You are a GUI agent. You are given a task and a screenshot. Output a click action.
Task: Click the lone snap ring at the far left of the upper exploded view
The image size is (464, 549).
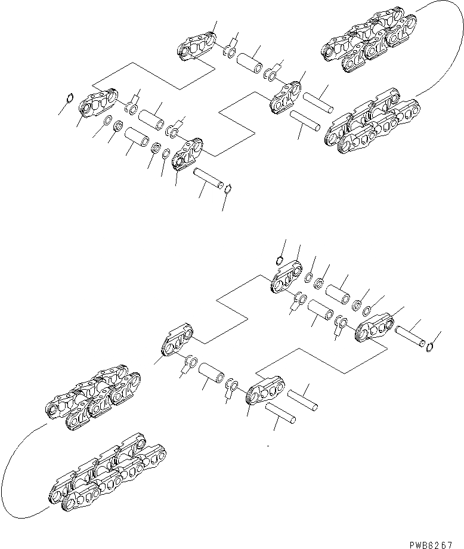click(x=70, y=98)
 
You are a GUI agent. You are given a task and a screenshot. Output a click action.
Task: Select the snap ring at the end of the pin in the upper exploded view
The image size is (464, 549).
click(x=230, y=189)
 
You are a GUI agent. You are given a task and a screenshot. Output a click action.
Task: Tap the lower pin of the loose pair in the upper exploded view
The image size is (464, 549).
click(x=305, y=122)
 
